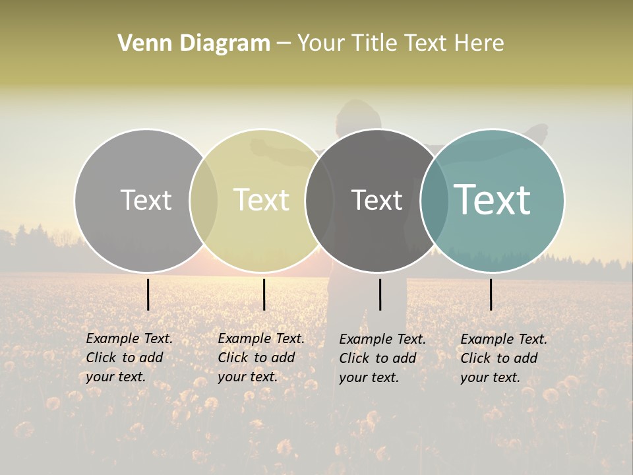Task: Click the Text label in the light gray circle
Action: [x=146, y=200]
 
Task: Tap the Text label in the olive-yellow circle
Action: [x=262, y=200]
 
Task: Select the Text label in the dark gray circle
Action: [x=377, y=200]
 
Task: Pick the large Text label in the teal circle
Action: [x=493, y=200]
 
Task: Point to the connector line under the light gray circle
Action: [x=148, y=294]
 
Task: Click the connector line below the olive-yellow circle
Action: [x=264, y=294]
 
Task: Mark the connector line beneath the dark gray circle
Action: [x=380, y=294]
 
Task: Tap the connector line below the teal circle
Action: [x=491, y=294]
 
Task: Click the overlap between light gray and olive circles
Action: [x=204, y=200]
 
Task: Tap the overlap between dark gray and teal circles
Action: [x=435, y=200]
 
